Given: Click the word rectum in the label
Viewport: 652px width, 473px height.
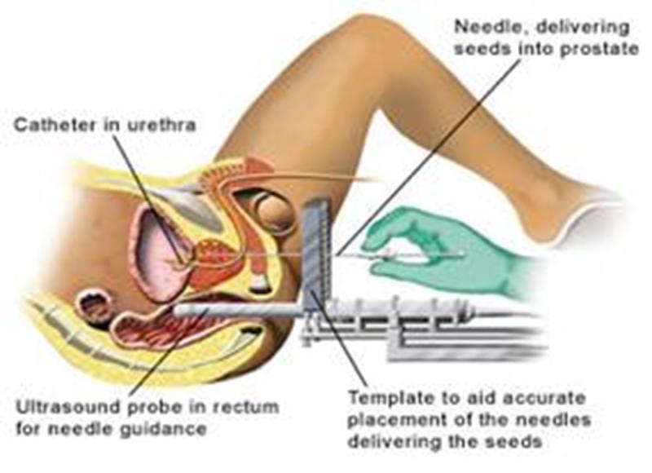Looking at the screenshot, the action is [245, 407].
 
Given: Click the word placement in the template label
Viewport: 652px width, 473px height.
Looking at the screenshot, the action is [392, 420].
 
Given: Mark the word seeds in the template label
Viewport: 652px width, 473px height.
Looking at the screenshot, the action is [515, 441].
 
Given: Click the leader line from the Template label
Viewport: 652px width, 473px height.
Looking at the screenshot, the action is [339, 337].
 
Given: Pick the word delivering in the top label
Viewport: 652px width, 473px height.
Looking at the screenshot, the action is [582, 28].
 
